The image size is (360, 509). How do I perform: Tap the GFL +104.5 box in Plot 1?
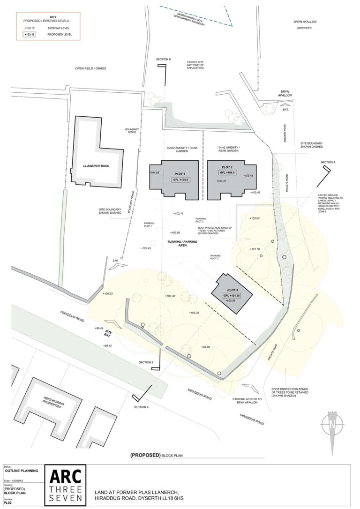click(180, 180)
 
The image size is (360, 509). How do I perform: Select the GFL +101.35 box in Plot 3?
click(232, 296)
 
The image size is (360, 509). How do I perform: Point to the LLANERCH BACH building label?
click(96, 165)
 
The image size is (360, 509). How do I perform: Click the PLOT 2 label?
click(227, 167)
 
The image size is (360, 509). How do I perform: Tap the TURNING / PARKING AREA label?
click(182, 244)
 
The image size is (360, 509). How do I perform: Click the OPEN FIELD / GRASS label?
click(91, 68)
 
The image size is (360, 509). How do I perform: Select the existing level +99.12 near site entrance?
click(108, 345)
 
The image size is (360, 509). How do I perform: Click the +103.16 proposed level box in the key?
click(30, 34)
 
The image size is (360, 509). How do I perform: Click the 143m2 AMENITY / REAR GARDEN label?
click(177, 150)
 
